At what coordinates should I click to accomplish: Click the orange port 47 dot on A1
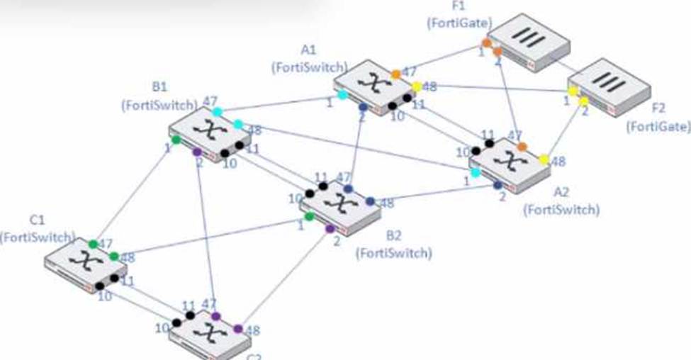point(396,74)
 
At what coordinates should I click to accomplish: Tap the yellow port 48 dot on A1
point(417,86)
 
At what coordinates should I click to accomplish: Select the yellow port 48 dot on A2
point(544,159)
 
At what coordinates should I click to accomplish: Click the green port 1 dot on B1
point(176,140)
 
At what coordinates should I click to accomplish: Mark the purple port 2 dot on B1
point(197,152)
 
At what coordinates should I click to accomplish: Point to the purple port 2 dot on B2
point(330,229)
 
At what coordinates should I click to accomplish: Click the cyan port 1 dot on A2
point(476,172)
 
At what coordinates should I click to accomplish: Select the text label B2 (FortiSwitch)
point(393,245)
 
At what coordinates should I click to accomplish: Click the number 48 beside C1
point(128,258)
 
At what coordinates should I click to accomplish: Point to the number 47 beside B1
point(210,101)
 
